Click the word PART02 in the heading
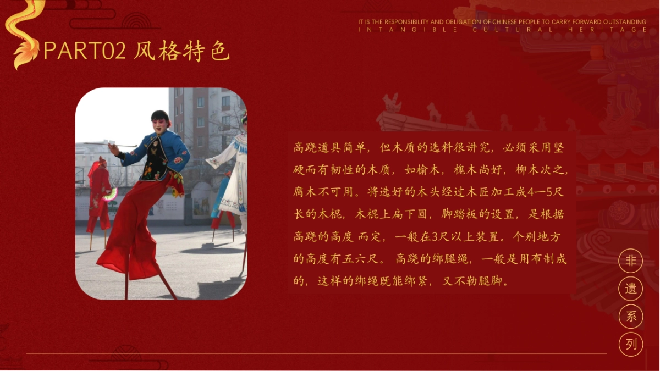click(x=85, y=52)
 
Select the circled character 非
click(x=631, y=261)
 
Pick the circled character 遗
click(x=631, y=289)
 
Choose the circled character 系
click(x=631, y=316)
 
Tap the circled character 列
click(x=631, y=344)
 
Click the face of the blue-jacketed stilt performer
click(x=160, y=121)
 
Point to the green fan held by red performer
click(x=111, y=194)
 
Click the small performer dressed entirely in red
click(x=98, y=192)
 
